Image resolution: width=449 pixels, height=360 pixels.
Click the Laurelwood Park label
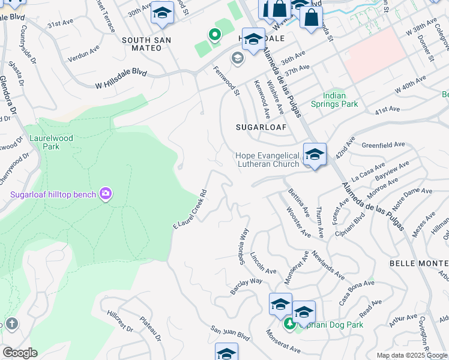[x=50, y=142]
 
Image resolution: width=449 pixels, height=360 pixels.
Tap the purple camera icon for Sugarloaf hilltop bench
[x=106, y=193]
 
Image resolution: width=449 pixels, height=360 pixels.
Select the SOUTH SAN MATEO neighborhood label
[x=146, y=44]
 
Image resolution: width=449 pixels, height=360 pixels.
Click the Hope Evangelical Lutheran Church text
[x=267, y=160]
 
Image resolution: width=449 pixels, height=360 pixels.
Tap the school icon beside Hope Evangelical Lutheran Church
[x=315, y=155]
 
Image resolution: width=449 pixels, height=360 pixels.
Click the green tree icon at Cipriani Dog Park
[x=290, y=325]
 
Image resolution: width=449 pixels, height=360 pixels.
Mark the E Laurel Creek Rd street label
[x=190, y=211]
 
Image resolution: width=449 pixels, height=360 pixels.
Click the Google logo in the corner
[x=20, y=353]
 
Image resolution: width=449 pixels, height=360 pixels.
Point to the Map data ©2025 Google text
[x=412, y=355]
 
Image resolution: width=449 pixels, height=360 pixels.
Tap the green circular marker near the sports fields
[x=214, y=35]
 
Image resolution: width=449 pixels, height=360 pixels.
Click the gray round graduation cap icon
[x=237, y=58]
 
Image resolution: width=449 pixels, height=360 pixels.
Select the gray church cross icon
[x=11, y=325]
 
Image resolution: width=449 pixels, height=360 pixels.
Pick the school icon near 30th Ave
[x=162, y=13]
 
